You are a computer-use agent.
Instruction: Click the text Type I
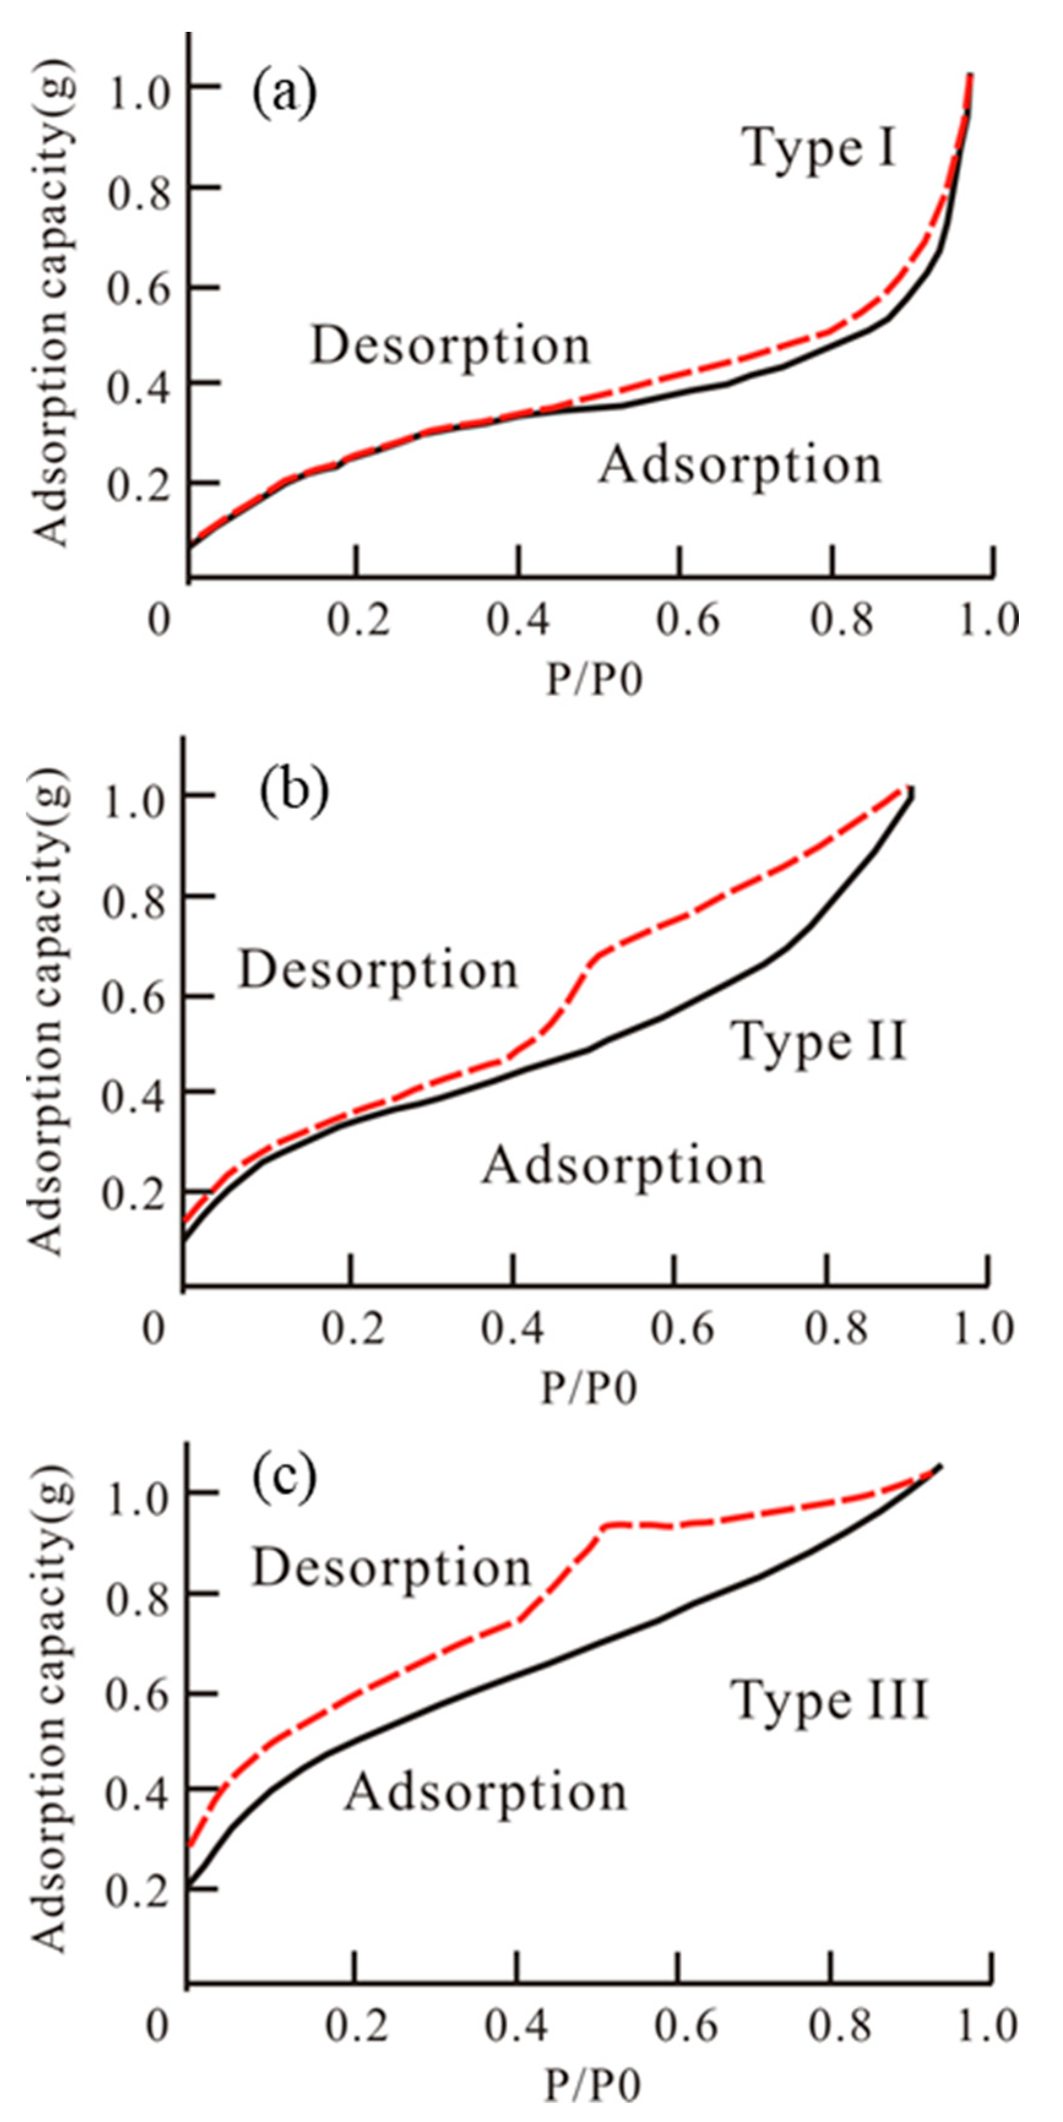(x=820, y=150)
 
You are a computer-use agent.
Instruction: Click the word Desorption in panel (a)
(x=450, y=345)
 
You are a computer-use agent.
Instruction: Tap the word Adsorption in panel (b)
(x=623, y=1166)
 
